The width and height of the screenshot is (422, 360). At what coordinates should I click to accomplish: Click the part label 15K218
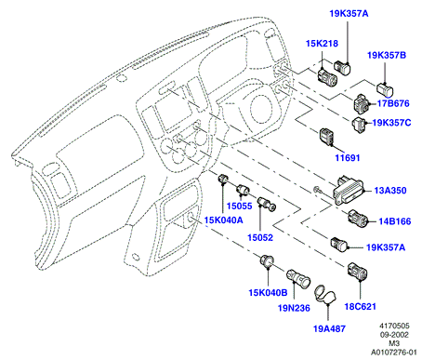(322, 44)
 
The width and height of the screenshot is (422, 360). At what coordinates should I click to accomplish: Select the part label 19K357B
(387, 55)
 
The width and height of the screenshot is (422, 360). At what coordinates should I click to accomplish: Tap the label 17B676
(393, 103)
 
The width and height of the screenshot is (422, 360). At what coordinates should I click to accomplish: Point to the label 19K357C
(391, 123)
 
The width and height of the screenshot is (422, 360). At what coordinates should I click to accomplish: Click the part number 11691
(348, 158)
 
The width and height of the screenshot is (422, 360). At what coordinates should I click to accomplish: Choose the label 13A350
(390, 190)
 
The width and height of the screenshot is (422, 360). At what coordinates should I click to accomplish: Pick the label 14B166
(395, 221)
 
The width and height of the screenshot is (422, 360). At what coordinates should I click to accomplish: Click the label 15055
(239, 206)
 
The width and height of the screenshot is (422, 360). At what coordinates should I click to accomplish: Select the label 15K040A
(223, 220)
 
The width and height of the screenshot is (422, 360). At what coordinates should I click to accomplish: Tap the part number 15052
(260, 238)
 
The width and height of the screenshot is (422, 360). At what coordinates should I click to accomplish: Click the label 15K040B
(268, 292)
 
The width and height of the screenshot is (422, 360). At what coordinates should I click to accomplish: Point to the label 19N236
(294, 308)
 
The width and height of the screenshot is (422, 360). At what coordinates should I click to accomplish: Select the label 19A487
(329, 328)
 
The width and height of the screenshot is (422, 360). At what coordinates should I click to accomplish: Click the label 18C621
(360, 307)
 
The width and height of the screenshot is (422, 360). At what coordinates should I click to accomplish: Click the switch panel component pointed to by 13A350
(349, 189)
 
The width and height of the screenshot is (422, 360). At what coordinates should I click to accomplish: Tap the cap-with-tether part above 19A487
(325, 295)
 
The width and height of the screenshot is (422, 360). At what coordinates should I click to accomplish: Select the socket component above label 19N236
(297, 278)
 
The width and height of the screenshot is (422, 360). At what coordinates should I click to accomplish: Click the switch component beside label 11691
(327, 137)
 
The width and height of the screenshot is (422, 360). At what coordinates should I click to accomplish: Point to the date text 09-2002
(394, 335)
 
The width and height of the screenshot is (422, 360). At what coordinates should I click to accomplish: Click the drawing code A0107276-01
(394, 353)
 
